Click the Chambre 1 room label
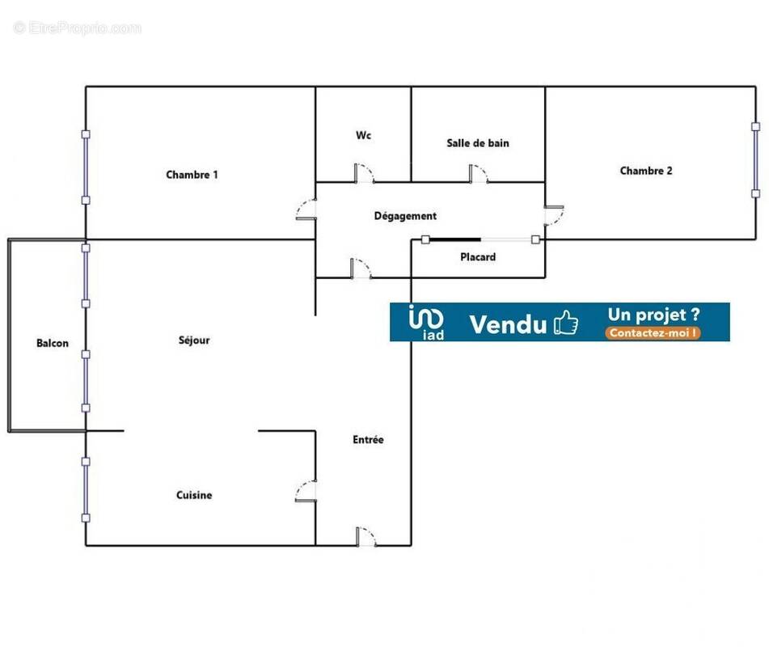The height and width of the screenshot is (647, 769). pos(192,175)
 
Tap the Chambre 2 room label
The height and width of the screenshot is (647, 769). pos(646,171)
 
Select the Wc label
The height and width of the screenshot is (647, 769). pos(363,135)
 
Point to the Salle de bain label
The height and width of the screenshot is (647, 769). pos(478,143)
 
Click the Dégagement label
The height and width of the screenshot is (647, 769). pos(405,216)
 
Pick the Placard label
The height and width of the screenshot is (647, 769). pos(478,257)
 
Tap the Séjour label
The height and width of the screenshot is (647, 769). pos(194,340)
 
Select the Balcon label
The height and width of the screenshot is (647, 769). pos(53,343)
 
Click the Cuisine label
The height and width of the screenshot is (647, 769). pos(194,495)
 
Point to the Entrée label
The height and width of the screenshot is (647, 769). pos(368,440)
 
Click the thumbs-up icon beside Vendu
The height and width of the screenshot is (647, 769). pos(566,323)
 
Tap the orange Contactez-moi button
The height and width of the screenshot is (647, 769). pos(652,332)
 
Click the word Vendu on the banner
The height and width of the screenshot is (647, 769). pos(509,324)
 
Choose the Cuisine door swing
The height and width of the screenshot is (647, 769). pos(306,492)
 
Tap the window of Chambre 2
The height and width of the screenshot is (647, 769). pos(755,160)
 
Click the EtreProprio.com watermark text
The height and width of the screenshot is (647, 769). pos(78,28)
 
